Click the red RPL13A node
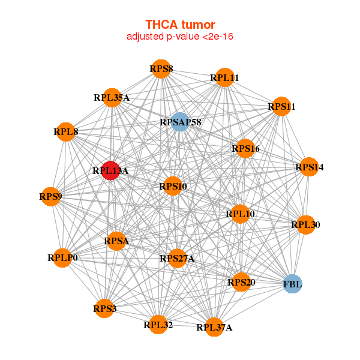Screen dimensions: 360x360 (110, 170)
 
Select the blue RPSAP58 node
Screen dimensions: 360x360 (181, 122)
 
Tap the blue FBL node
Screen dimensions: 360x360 (293, 284)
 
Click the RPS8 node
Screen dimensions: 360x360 (161, 69)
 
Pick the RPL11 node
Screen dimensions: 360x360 (225, 77)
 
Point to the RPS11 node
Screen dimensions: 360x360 (281, 107)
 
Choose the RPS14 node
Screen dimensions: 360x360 (309, 167)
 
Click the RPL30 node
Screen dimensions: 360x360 (305, 225)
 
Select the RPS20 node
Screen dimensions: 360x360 (241, 282)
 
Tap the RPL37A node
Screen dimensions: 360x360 (214, 327)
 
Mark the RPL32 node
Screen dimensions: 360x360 (158, 325)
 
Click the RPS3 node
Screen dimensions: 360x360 (104, 308)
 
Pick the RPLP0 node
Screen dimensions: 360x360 (62, 258)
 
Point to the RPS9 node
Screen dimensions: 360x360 (50, 197)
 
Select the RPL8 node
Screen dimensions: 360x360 (66, 132)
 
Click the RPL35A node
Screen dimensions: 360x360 (112, 98)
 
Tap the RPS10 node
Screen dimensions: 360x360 (173, 186)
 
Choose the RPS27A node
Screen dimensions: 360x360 (177, 258)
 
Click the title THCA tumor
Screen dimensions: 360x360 (180, 25)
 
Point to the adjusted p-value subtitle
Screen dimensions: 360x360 (180, 37)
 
